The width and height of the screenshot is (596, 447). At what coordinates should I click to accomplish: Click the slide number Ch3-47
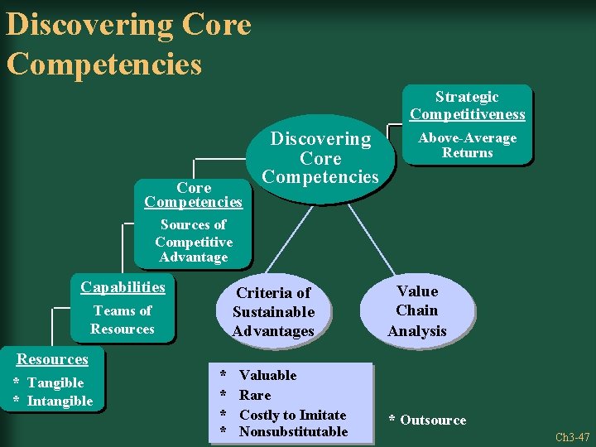click(572, 437)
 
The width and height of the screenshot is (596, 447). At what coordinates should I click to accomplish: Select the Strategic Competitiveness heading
click(467, 105)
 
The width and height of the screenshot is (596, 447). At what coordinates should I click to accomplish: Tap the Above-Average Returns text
click(467, 145)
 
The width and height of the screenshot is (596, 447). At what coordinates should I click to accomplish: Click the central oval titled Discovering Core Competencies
click(320, 157)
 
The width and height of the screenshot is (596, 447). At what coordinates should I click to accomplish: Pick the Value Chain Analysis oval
click(417, 310)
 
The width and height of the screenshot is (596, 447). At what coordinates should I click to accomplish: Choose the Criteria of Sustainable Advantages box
click(273, 312)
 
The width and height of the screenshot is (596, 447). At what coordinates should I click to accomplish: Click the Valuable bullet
click(267, 375)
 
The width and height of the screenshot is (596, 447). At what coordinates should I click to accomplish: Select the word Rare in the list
click(255, 395)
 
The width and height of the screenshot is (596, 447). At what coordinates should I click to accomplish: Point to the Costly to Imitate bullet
click(292, 415)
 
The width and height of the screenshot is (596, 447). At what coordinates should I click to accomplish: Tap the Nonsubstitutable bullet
click(293, 431)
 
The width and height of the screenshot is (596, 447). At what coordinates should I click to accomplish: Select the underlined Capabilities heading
click(123, 287)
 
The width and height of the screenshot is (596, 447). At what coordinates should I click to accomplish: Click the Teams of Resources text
click(123, 320)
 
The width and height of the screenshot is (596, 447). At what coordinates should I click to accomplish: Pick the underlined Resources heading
click(53, 359)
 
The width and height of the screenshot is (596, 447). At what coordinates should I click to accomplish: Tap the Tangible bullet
click(55, 382)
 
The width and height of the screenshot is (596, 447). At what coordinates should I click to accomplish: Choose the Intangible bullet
click(60, 401)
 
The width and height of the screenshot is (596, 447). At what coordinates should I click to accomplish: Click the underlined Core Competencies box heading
click(193, 195)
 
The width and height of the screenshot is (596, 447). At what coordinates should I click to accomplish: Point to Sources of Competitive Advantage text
click(193, 241)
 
